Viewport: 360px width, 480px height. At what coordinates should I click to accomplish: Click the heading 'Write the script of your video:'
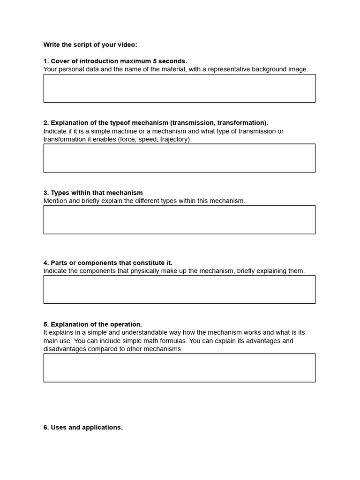[x=90, y=45]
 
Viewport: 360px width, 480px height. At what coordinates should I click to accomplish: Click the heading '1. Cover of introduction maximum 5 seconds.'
[x=115, y=61]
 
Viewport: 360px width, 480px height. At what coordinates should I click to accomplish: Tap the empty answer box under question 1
[x=179, y=88]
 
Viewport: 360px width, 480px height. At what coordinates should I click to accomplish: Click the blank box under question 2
[x=179, y=158]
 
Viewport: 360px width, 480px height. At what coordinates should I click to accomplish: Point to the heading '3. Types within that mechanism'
[x=93, y=193]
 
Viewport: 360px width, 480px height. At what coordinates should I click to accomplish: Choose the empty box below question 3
[x=179, y=219]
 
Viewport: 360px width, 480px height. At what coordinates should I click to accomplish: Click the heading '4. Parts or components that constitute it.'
[x=108, y=262]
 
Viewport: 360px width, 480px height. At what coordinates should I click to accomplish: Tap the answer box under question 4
[x=179, y=289]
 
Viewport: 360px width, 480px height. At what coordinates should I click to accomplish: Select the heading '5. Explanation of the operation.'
[x=93, y=324]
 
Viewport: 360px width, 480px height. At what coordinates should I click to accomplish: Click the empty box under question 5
[x=179, y=367]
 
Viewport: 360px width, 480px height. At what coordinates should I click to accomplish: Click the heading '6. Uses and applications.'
[x=83, y=427]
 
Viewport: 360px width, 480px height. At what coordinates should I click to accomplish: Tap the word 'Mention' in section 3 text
[x=55, y=201]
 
